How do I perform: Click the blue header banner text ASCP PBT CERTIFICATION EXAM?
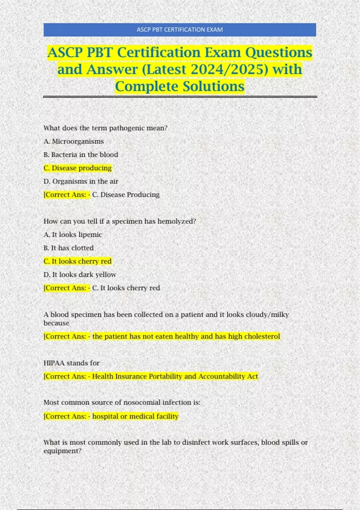179,30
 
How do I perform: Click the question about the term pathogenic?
105,128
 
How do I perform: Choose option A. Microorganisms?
73,141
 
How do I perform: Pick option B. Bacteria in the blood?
81,155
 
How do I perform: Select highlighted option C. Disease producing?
77,168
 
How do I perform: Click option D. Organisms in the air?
81,181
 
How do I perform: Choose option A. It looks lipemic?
73,235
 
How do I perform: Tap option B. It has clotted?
68,248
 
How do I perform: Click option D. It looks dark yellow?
80,275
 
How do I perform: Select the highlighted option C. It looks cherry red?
77,261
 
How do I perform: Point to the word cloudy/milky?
267,315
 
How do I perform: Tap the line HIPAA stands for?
71,363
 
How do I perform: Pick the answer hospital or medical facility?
135,416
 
